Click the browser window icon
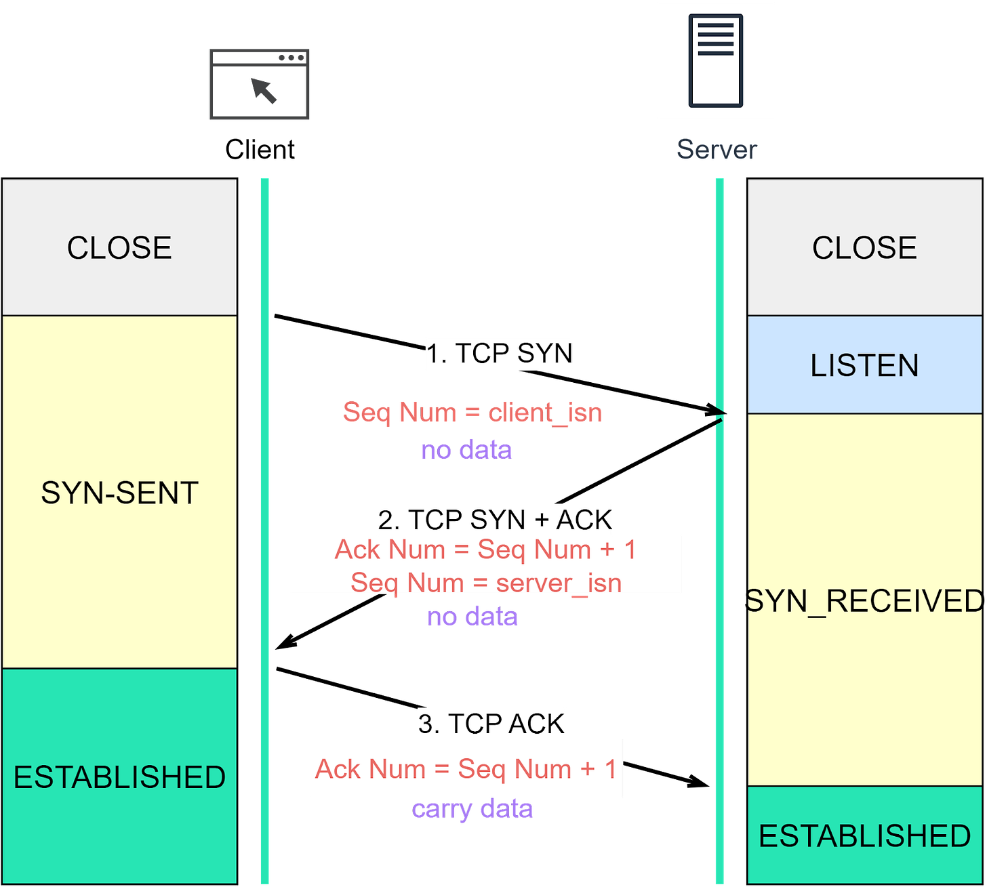(x=259, y=84)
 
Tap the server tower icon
(x=715, y=61)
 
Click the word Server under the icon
(x=717, y=150)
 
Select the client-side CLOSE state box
(x=119, y=247)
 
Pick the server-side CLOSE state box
(x=864, y=247)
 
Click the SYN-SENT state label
(x=119, y=493)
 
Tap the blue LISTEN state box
(x=864, y=365)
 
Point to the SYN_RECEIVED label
(x=864, y=601)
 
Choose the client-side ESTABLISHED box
(x=119, y=777)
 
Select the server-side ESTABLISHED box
(x=864, y=835)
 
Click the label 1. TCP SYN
(x=500, y=353)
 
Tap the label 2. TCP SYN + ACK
(x=496, y=520)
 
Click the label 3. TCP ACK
(x=491, y=724)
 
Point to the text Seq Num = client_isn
(x=472, y=412)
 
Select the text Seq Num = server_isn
(x=486, y=583)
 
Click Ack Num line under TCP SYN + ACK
(x=486, y=550)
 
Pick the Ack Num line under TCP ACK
(x=466, y=769)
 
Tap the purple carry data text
(x=472, y=809)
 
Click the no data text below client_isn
(x=466, y=450)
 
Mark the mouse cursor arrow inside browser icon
(x=264, y=90)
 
